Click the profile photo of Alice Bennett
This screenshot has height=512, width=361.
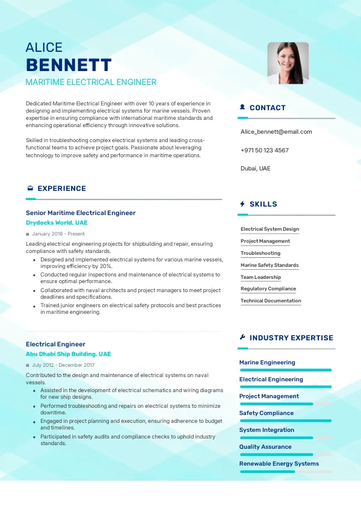(x=288, y=63)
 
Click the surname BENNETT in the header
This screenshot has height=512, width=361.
(x=69, y=65)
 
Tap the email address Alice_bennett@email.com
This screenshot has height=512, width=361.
(x=276, y=131)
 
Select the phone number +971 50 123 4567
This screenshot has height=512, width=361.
(x=264, y=150)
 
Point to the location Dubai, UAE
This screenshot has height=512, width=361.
(x=255, y=168)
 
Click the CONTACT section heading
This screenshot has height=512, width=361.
(x=267, y=108)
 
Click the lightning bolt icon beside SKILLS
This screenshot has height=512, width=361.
(x=242, y=204)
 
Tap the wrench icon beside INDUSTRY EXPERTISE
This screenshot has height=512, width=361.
(x=242, y=338)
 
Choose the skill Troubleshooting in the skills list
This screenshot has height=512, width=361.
(x=261, y=253)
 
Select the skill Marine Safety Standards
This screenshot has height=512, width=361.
(x=270, y=265)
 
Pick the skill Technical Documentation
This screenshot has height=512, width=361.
(x=271, y=301)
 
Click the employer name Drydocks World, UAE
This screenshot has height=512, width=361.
(x=57, y=223)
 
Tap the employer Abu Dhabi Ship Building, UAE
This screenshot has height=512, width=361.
(x=68, y=354)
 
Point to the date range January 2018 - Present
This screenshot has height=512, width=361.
(x=58, y=234)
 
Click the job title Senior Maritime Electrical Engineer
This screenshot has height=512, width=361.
(x=81, y=213)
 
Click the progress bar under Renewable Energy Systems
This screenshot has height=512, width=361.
(x=285, y=472)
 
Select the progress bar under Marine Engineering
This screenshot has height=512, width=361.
(x=285, y=370)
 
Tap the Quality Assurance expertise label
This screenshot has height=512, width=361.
(x=265, y=447)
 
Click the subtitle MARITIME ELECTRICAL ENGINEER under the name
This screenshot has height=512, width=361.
(x=91, y=83)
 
